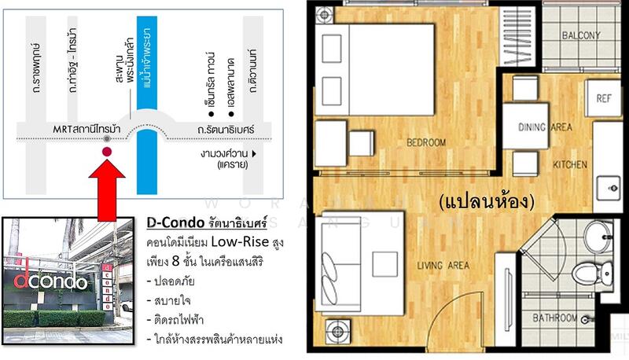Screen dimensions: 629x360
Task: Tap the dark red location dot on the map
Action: click(x=107, y=152)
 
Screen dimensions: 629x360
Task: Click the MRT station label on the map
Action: click(x=86, y=129)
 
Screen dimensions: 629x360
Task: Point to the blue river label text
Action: click(x=145, y=58)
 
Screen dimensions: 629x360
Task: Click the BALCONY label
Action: click(x=581, y=35)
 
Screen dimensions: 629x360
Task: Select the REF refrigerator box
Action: click(x=603, y=98)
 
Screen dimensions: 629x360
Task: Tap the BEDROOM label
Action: click(x=426, y=142)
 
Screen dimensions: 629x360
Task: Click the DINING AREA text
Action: click(x=545, y=127)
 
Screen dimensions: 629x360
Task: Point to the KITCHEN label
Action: click(x=570, y=164)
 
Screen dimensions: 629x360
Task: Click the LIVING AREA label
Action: click(x=443, y=266)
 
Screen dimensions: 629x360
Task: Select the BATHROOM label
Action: click(x=555, y=318)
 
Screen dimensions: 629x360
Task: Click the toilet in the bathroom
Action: click(x=592, y=273)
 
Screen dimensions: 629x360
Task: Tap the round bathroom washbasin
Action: click(x=598, y=237)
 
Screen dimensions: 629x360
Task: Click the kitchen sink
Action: click(x=608, y=188)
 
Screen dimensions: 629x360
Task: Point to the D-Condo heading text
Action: click(x=207, y=222)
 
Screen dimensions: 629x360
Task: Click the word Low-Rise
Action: click(x=240, y=242)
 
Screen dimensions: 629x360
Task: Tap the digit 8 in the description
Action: click(x=175, y=262)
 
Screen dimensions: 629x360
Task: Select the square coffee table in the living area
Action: click(x=384, y=264)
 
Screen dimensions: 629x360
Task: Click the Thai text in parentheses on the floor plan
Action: click(x=487, y=201)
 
